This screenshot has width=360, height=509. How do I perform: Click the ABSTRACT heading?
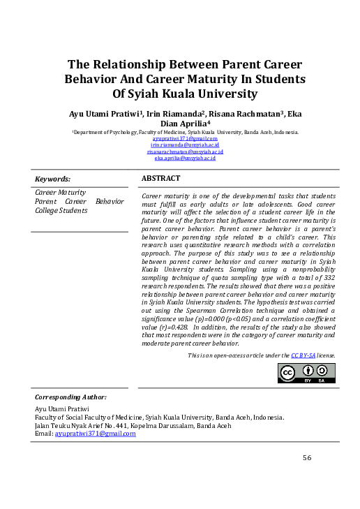pyautogui.click(x=160, y=179)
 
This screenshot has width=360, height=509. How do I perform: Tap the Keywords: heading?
pyautogui.click(x=52, y=179)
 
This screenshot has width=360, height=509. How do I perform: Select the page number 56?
pyautogui.click(x=307, y=457)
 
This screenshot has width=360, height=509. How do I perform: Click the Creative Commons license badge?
pyautogui.click(x=307, y=374)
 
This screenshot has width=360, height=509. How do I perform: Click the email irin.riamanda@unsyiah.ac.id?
pyautogui.click(x=185, y=145)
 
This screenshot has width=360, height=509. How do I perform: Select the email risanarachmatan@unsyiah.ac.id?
pyautogui.click(x=185, y=152)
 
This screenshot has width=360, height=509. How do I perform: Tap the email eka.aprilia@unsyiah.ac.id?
pyautogui.click(x=185, y=158)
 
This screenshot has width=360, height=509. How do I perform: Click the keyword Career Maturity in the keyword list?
pyautogui.click(x=61, y=192)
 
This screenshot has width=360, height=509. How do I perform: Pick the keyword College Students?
pyautogui.click(x=61, y=210)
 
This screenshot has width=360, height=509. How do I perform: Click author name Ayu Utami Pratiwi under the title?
pyautogui.click(x=105, y=114)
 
